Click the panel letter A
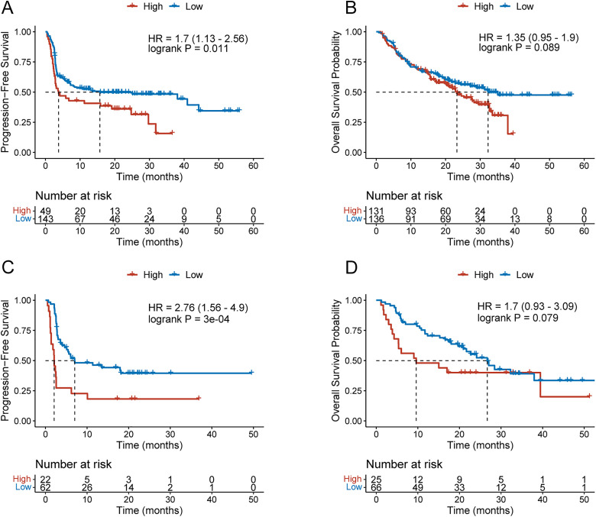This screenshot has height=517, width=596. click(x=8, y=8)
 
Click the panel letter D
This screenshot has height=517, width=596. click(x=351, y=267)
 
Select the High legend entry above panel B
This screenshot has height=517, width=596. click(x=475, y=6)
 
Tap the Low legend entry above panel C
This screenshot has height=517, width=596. click(x=186, y=275)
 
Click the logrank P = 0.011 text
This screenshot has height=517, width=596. click(x=188, y=49)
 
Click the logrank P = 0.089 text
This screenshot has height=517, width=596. click(x=519, y=47)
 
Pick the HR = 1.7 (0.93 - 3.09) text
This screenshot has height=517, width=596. click(x=527, y=306)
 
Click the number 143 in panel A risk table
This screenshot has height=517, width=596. click(x=45, y=219)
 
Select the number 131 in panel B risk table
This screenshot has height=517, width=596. click(x=376, y=211)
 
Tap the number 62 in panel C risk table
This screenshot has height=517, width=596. click(x=45, y=488)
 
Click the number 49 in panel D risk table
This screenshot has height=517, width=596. click(x=418, y=488)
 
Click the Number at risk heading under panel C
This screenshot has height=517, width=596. click(x=73, y=464)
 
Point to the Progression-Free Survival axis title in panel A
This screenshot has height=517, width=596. click(x=5, y=92)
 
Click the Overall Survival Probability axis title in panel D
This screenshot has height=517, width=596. click(x=335, y=360)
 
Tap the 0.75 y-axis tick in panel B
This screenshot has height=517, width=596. click(x=353, y=62)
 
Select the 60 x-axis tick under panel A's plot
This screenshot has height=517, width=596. click(x=253, y=166)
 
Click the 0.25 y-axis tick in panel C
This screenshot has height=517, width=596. click(x=22, y=391)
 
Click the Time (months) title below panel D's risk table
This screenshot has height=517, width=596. click(x=480, y=510)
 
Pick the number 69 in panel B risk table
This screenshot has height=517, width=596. click(x=445, y=219)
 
